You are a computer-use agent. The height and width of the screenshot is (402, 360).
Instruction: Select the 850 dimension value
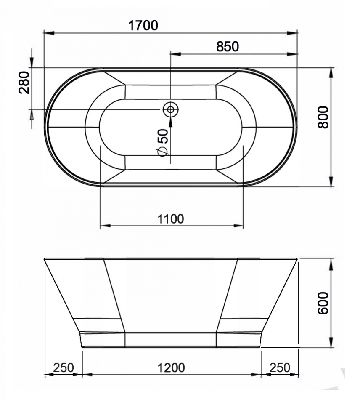(228, 46)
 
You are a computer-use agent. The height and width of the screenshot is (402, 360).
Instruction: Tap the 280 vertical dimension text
(24, 83)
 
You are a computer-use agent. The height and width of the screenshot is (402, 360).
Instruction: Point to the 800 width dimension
(323, 117)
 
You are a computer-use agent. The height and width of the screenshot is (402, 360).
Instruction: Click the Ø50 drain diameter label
(162, 142)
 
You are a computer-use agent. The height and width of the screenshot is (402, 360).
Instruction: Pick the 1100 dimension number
(171, 219)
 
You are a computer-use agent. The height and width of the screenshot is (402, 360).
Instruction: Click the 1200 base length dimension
(171, 367)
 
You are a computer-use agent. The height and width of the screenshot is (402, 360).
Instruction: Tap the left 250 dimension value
(64, 367)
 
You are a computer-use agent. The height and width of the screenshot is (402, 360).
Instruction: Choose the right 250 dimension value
(280, 367)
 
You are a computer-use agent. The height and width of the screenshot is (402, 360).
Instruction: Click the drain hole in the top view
(170, 109)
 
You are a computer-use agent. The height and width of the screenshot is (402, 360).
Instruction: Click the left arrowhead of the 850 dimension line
(174, 54)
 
